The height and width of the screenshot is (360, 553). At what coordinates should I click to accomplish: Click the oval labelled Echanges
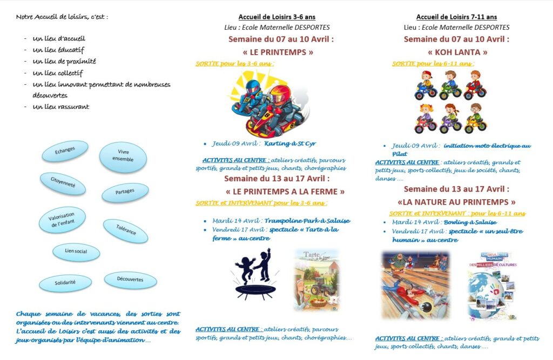(65, 152)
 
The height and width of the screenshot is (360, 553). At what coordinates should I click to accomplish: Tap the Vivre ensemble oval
(123, 156)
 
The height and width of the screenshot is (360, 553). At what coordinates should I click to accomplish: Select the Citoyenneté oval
(63, 184)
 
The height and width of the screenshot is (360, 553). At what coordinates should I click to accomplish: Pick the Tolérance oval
(125, 231)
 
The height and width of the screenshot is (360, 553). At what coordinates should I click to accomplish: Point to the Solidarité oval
(65, 282)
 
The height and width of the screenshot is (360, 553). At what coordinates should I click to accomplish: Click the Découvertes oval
(130, 279)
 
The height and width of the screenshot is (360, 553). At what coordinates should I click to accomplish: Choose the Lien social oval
(76, 252)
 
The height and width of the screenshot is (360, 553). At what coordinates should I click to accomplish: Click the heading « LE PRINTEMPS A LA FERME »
(285, 191)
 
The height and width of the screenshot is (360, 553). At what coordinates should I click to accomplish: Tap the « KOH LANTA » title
(457, 52)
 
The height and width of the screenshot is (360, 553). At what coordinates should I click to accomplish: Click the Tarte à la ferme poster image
(316, 279)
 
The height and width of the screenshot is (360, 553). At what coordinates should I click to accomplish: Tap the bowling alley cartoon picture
(415, 284)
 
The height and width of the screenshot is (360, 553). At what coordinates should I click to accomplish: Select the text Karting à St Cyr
(290, 144)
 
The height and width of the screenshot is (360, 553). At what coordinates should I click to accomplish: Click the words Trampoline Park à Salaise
(307, 220)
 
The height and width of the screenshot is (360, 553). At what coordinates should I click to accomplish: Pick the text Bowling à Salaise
(469, 222)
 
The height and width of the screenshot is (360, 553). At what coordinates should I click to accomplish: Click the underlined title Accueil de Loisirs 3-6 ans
(278, 17)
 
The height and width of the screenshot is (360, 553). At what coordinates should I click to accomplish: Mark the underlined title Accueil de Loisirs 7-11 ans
(456, 17)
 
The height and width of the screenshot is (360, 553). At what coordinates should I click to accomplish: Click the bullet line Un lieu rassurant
(60, 107)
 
